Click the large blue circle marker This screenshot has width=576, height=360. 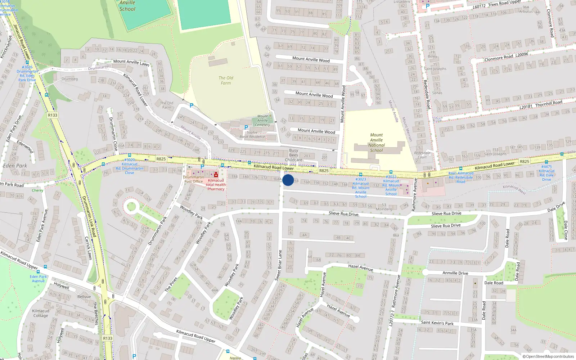pos(288,180)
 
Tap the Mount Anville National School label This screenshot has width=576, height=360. pos(376,143)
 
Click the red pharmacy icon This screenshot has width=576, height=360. pos(216,175)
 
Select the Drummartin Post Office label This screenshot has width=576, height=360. pos(193,179)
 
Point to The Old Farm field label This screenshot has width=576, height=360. pos(226,80)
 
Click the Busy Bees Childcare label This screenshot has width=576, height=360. pos(293,155)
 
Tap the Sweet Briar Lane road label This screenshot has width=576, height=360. pos(279,265)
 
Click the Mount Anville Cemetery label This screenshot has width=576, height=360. pos(262,121)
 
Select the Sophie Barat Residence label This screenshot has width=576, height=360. pos(252,135)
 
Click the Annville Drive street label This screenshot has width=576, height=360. pos(455,273)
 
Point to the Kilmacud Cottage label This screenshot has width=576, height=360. pos(40,313)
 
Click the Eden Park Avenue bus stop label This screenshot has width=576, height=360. pos(38,279)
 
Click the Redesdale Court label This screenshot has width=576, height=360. pos(422,155)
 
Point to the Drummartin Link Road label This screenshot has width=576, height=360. pos(89,216)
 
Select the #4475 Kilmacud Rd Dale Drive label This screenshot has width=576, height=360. pos(546,173)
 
